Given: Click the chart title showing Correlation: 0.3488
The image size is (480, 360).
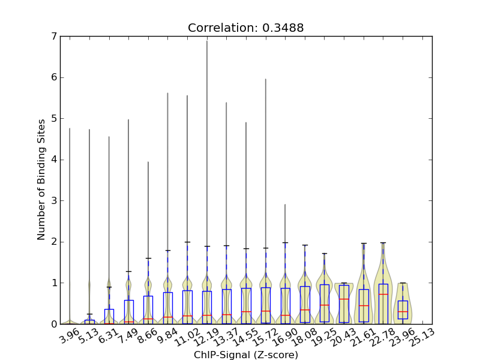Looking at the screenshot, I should click(245, 28).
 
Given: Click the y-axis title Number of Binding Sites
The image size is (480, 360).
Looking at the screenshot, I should click(41, 180).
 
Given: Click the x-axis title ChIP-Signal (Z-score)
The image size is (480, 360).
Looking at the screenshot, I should click(246, 355).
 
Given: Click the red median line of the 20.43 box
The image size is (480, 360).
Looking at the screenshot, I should click(344, 299).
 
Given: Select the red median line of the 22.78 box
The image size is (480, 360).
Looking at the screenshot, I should click(383, 294).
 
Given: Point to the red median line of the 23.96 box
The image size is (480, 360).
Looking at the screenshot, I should click(403, 311).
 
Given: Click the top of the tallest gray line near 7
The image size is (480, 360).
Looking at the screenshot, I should click(207, 41).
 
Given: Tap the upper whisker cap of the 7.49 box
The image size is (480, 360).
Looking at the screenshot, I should click(128, 271).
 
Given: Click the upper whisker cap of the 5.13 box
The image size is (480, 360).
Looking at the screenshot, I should click(89, 314).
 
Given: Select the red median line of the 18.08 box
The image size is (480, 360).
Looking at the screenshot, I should click(305, 310).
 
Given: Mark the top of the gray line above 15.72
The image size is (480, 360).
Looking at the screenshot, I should click(266, 79).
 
